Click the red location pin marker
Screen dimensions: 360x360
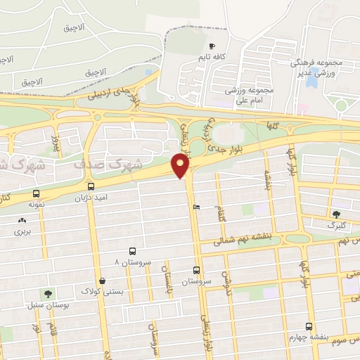coord(181,165)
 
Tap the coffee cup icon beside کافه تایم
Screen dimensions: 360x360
coord(212,46)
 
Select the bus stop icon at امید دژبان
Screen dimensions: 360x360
coord(91,187)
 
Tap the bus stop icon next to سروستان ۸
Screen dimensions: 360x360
coord(132,251)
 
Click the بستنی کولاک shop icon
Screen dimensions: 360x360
coord(103,281)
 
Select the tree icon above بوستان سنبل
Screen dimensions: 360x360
coord(48,294)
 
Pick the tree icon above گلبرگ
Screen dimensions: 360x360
coord(336,214)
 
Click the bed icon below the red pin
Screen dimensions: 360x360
coord(196,207)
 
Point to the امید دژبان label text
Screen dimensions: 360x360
coord(91,198)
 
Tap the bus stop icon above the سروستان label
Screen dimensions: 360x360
coord(196,270)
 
